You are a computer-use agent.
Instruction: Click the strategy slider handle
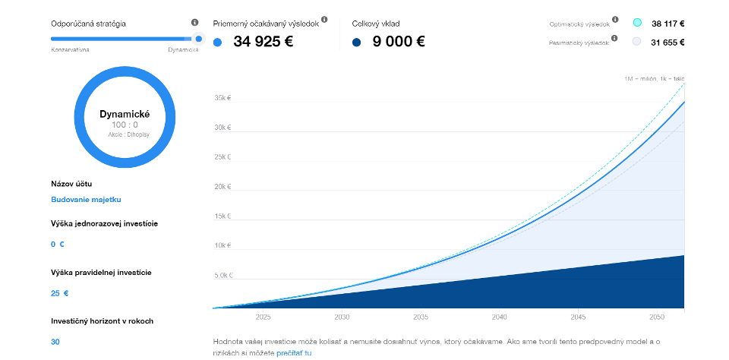tap(198, 38)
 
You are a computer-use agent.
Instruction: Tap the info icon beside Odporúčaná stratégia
tap(195, 23)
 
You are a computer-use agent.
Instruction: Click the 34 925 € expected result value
tap(263, 42)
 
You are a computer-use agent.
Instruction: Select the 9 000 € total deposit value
tap(398, 42)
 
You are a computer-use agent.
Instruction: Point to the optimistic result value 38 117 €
tap(668, 23)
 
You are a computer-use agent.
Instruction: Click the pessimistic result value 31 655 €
tap(668, 42)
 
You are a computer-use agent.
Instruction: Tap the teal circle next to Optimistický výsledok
tap(637, 23)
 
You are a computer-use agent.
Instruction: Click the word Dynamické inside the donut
tap(125, 114)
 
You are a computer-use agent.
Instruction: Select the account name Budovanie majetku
tap(86, 200)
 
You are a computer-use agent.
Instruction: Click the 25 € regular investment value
tap(60, 293)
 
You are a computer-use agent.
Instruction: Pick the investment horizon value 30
tap(55, 342)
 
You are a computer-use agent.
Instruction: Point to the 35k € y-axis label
tap(223, 97)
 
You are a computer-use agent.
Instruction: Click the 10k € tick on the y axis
tap(223, 245)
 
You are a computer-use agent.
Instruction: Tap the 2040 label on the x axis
tap(499, 317)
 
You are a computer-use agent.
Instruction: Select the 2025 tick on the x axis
tap(264, 317)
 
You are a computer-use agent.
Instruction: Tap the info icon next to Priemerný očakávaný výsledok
tap(324, 19)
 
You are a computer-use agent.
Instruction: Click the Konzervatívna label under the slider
tap(71, 49)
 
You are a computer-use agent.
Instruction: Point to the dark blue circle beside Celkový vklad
tap(357, 43)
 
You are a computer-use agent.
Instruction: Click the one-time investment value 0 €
tap(58, 245)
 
